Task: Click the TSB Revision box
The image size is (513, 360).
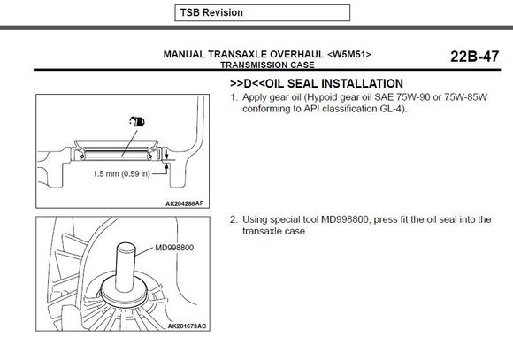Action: pos(263,12)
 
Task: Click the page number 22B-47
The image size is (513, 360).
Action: pos(474,57)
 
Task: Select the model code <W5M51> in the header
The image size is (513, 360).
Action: pos(349,54)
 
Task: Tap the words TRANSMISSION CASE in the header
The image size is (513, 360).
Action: pos(267,65)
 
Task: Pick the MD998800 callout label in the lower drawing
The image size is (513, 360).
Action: pos(174,248)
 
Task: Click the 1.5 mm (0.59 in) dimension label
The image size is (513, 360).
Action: pos(121,173)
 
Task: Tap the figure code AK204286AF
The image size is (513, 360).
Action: pos(185,203)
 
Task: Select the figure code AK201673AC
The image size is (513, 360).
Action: pos(187,326)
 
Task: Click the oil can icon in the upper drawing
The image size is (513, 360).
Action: pos(137,121)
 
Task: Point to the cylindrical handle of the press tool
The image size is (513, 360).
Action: pos(126,267)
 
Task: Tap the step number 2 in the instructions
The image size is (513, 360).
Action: pos(234,219)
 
